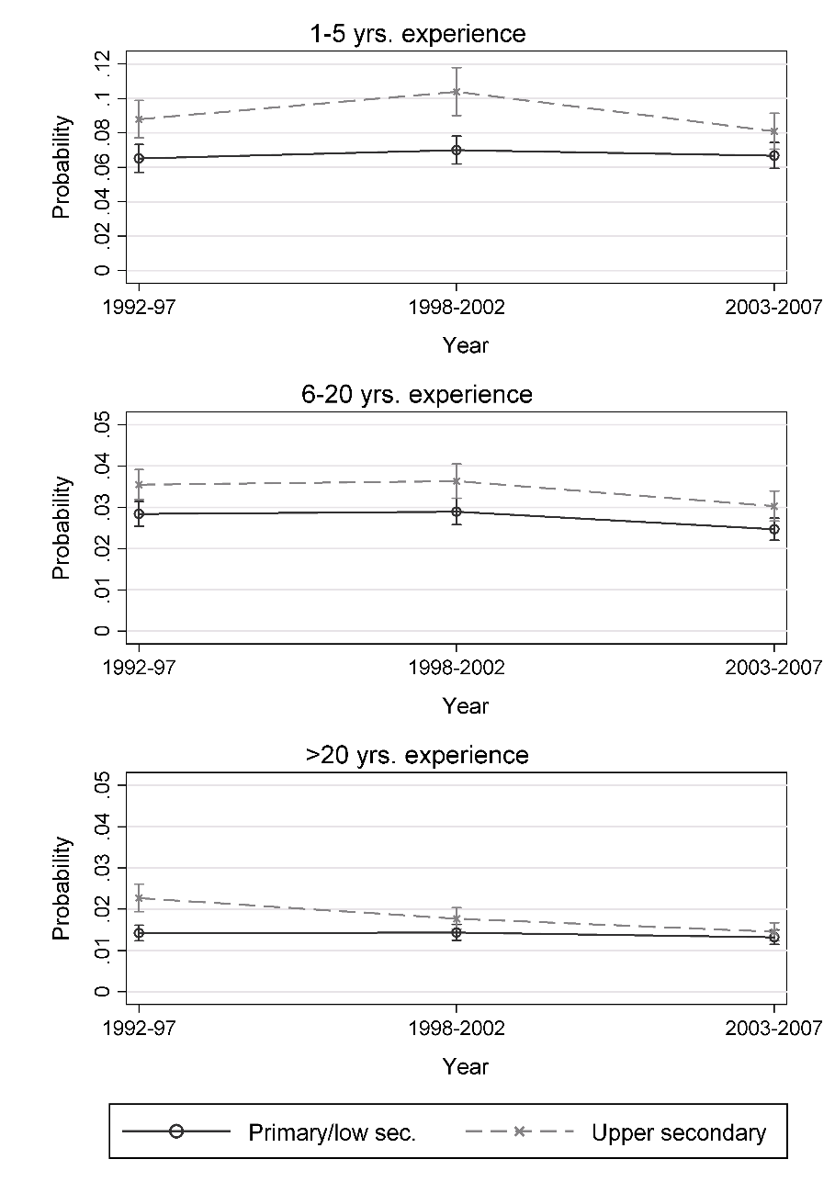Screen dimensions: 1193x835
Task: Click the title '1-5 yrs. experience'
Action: pos(417,35)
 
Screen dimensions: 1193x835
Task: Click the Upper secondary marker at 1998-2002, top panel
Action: pos(457,92)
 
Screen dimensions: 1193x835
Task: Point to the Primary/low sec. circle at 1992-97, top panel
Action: pos(139,158)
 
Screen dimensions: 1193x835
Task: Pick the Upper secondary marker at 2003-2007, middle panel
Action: pos(774,506)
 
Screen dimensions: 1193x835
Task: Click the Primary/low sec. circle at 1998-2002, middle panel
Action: pos(457,512)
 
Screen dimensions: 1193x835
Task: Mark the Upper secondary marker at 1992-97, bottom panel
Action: pos(139,898)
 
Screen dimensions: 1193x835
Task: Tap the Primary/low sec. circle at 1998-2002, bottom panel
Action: pos(457,932)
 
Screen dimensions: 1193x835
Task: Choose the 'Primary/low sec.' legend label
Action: pos(333,1132)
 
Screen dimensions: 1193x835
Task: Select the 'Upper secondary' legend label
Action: pos(678,1132)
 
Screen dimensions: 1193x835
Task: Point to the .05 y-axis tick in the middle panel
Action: pos(102,426)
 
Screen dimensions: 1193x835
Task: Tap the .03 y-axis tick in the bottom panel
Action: pos(102,868)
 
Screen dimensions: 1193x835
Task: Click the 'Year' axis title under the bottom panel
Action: pos(466,1066)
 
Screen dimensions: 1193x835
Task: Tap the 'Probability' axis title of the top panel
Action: pos(62,166)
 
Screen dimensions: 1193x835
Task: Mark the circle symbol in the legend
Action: pos(176,1131)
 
